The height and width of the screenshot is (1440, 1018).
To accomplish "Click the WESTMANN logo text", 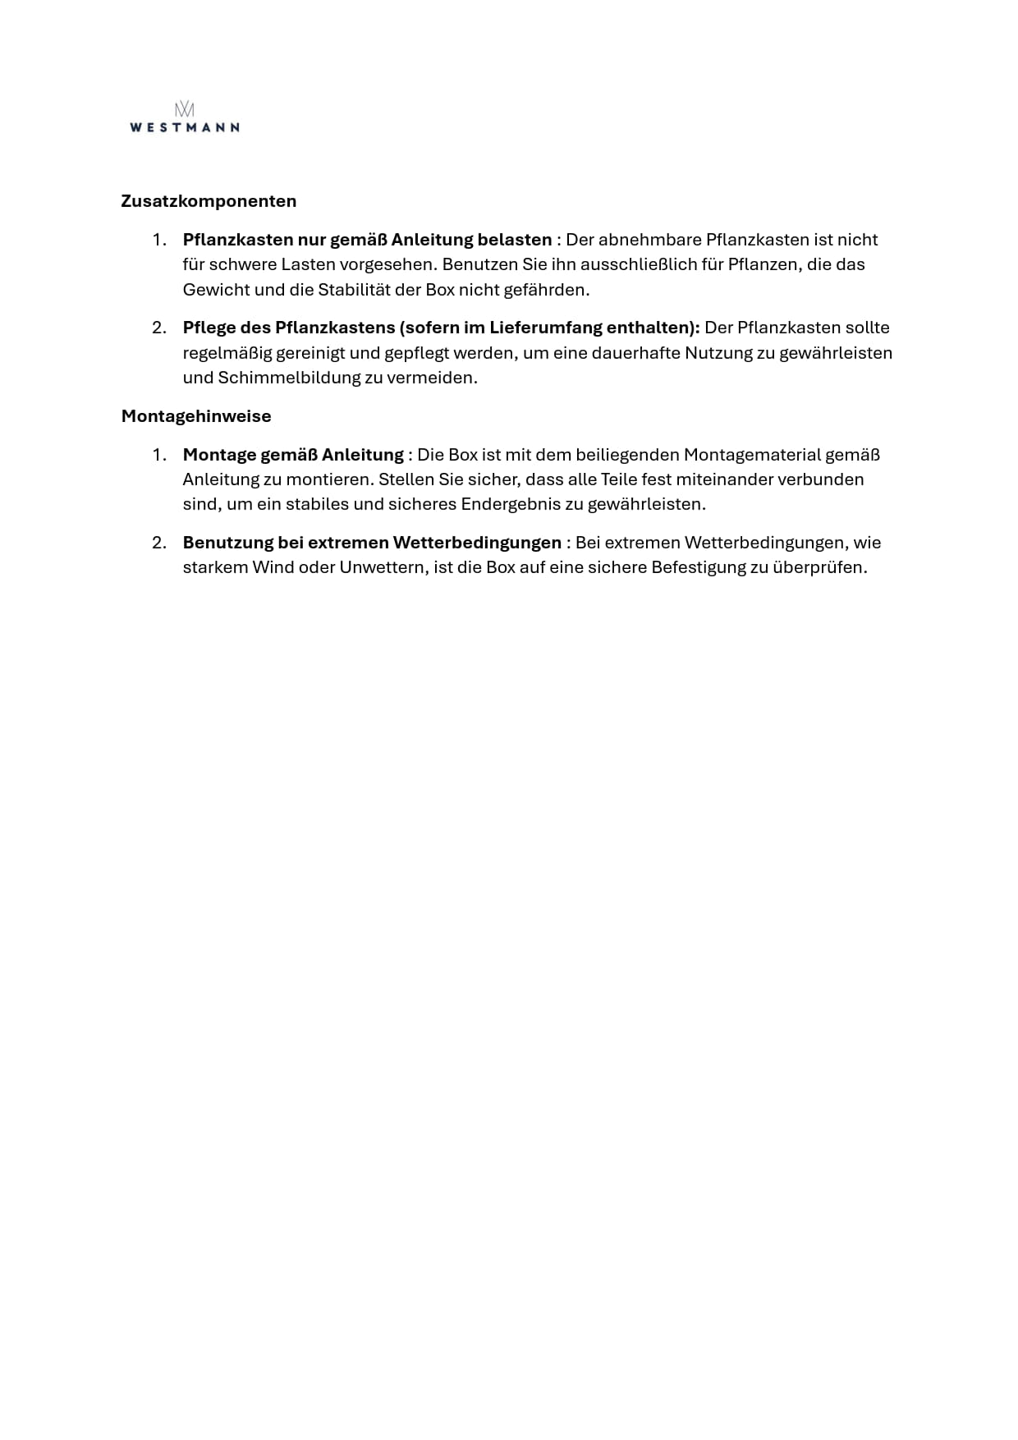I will click(185, 127).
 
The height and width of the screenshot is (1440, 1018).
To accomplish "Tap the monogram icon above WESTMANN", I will click(185, 109).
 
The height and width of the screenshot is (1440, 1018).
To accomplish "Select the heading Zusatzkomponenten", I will click(209, 201).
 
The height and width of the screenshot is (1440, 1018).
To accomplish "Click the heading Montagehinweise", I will click(196, 416).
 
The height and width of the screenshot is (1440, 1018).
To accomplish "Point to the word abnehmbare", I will click(649, 240).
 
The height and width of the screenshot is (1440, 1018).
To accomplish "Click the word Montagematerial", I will click(752, 455).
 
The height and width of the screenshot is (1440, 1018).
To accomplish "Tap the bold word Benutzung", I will click(232, 543).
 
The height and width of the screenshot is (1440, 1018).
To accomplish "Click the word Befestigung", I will click(698, 567).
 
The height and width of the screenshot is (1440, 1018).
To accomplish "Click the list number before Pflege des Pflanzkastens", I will click(159, 328).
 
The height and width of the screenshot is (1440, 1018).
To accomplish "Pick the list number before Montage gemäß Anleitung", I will click(159, 455).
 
